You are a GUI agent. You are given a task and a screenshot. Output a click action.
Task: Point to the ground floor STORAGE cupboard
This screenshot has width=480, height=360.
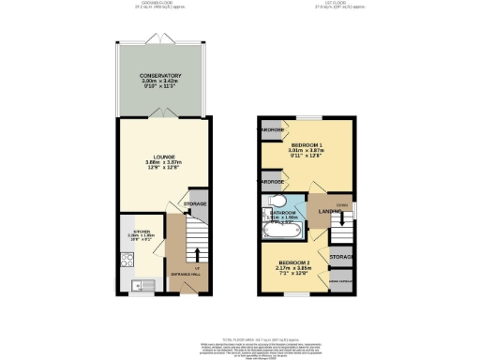coord(195,203)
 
